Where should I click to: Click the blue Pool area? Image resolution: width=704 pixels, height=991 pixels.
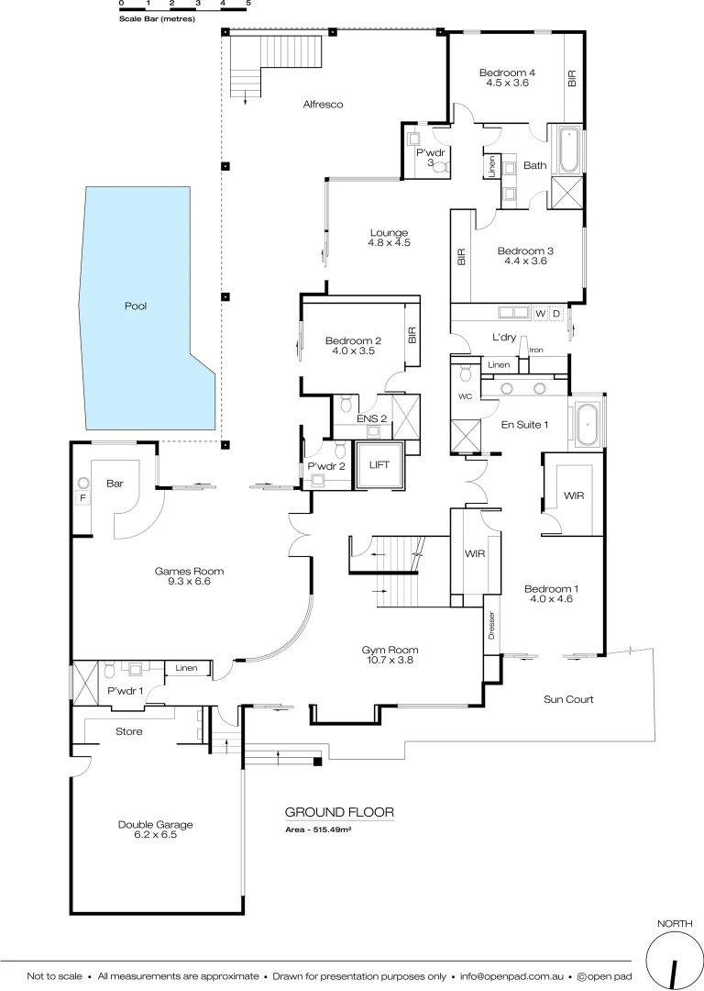137,307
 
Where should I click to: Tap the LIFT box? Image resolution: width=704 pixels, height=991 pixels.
379,465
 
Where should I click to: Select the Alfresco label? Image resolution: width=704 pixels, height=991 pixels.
323,105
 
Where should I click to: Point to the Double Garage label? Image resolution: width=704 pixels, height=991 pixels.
155,824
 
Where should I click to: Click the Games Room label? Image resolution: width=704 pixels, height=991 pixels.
189,571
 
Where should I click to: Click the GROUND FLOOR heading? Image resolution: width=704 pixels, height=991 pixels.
339,812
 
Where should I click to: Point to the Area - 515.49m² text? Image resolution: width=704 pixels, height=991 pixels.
321,829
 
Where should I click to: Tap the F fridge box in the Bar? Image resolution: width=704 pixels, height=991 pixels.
82,498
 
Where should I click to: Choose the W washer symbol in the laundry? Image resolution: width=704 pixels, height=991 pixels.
540,314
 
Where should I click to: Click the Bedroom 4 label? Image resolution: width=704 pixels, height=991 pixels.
507,72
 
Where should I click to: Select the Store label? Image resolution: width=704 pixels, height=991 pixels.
128,731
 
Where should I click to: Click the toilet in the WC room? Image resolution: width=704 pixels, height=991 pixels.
464,373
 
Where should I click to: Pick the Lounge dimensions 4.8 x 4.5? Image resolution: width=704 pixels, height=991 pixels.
389,243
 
